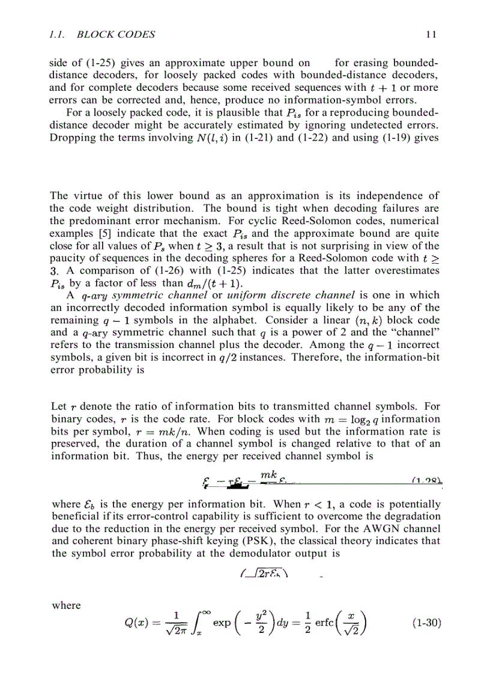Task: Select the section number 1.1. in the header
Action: (x=59, y=35)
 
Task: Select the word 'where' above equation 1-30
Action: (x=65, y=606)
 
